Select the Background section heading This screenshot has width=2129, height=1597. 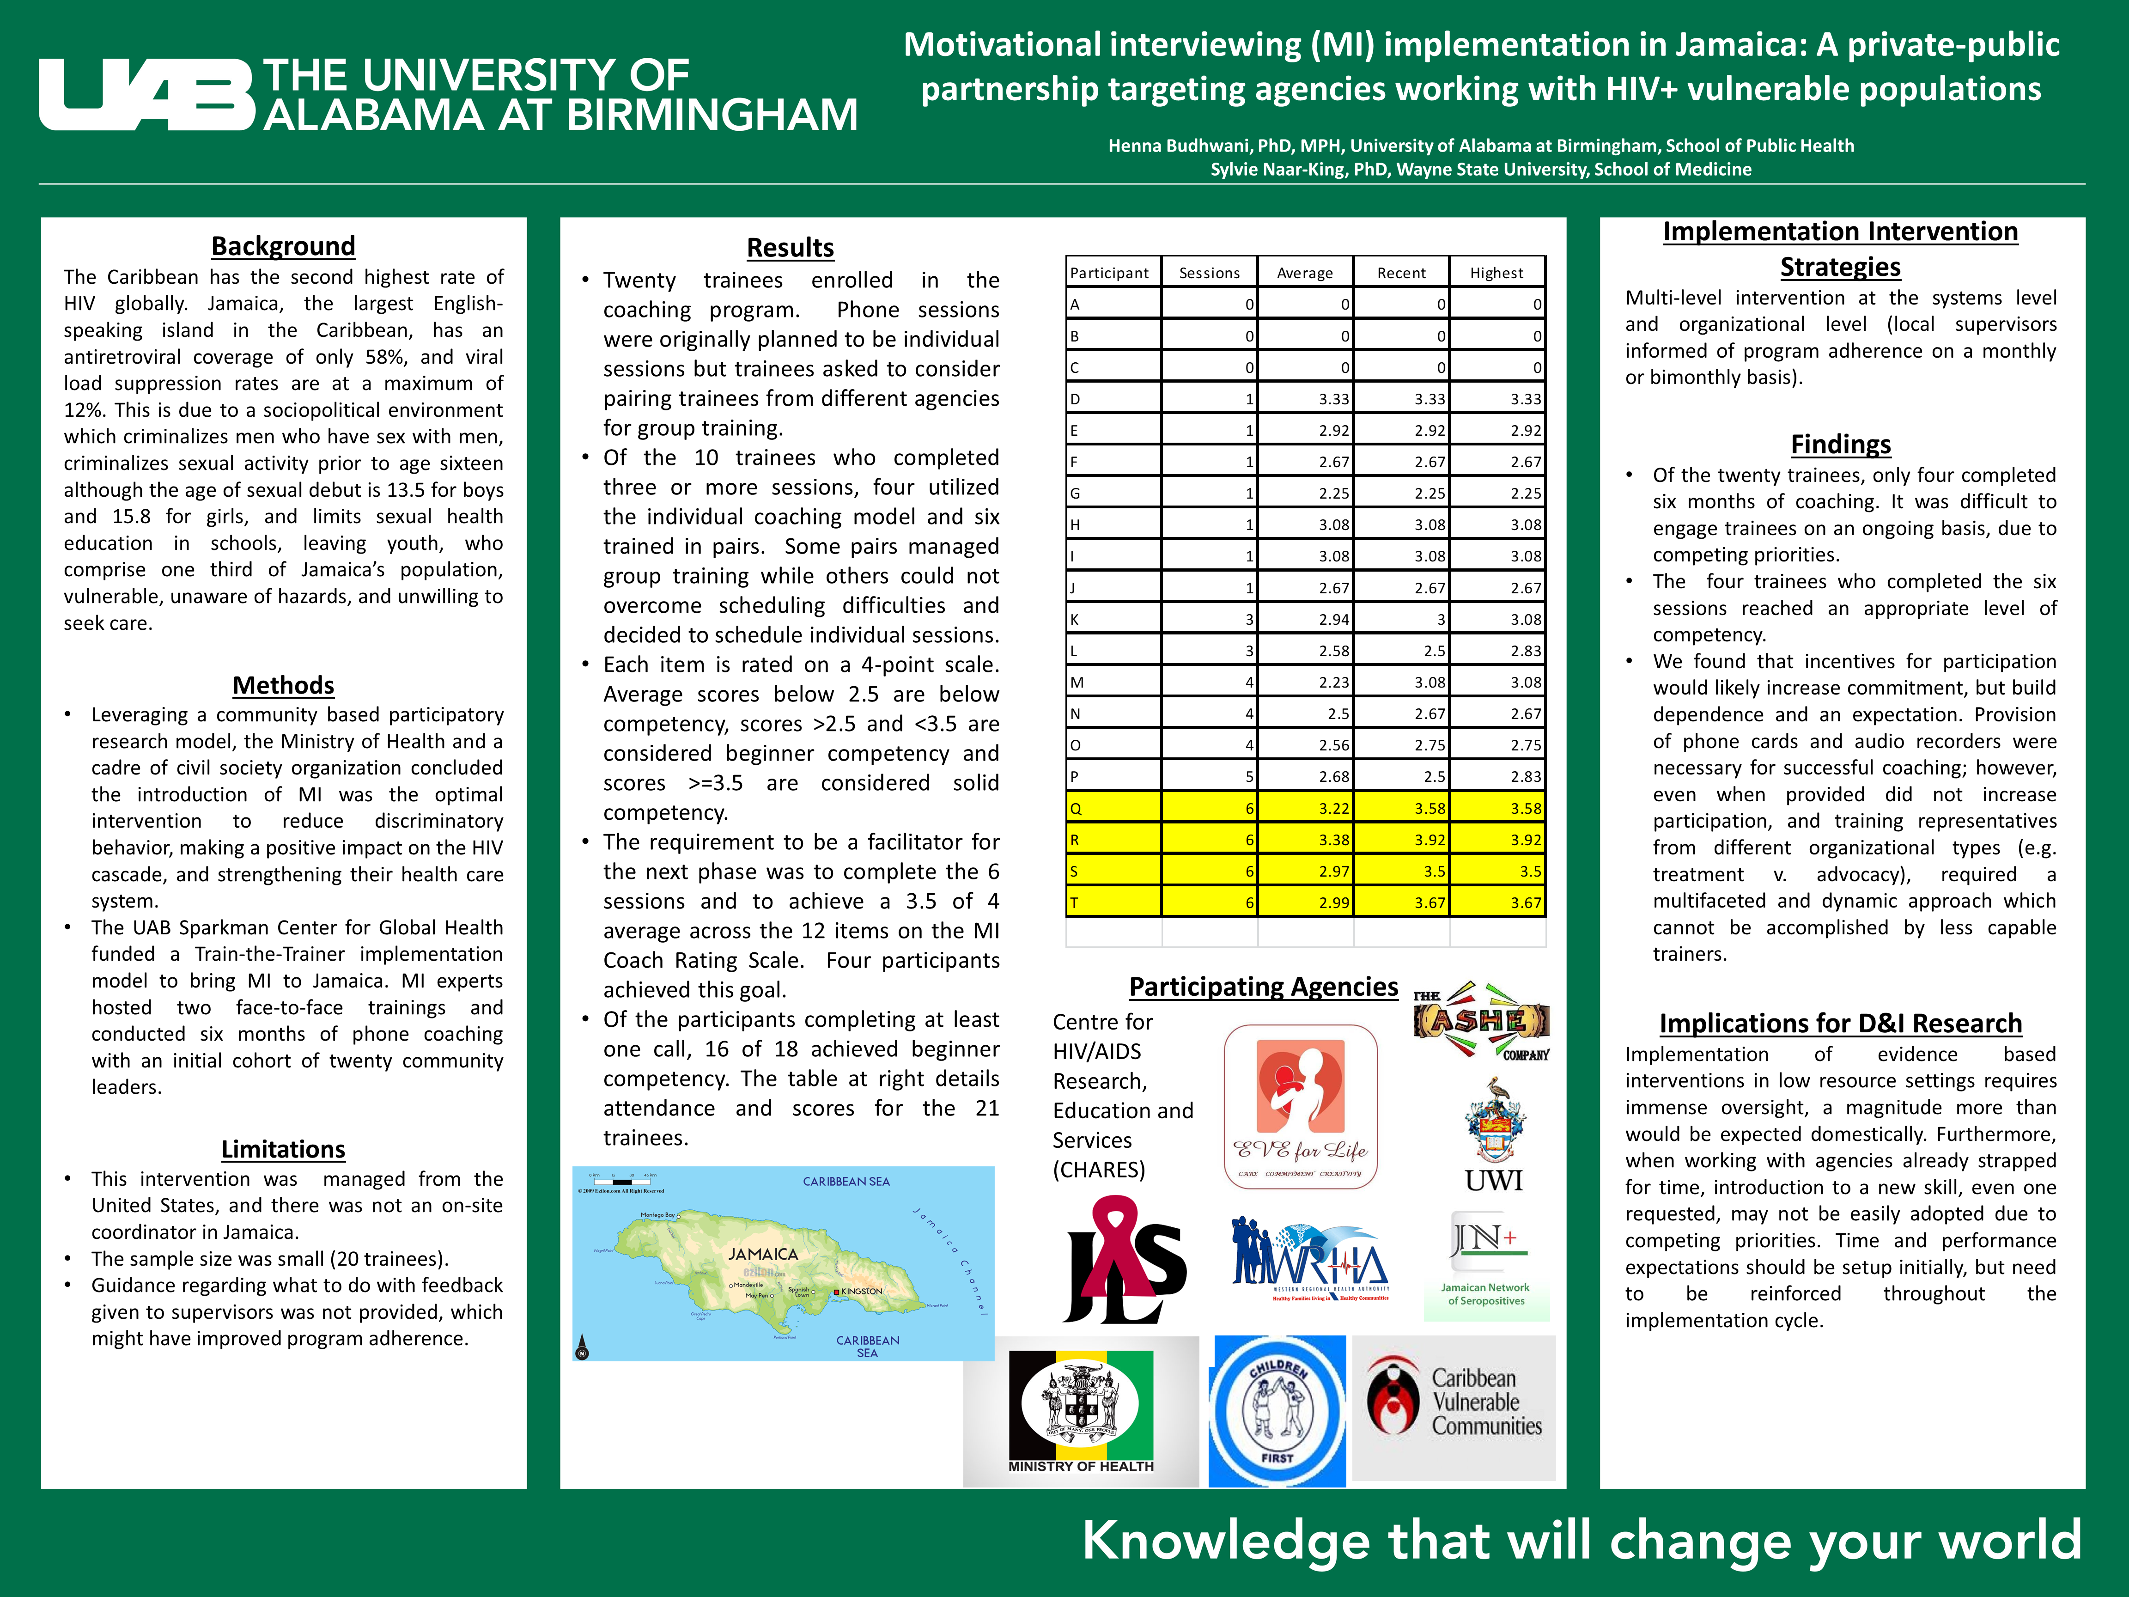click(283, 246)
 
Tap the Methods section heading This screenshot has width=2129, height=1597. click(283, 685)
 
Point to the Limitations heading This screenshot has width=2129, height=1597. click(283, 1149)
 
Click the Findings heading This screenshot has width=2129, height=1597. click(1840, 445)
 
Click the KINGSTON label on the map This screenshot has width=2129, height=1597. click(861, 1291)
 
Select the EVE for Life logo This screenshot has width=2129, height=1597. click(1300, 1107)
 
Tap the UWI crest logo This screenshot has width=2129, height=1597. click(1494, 1136)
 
